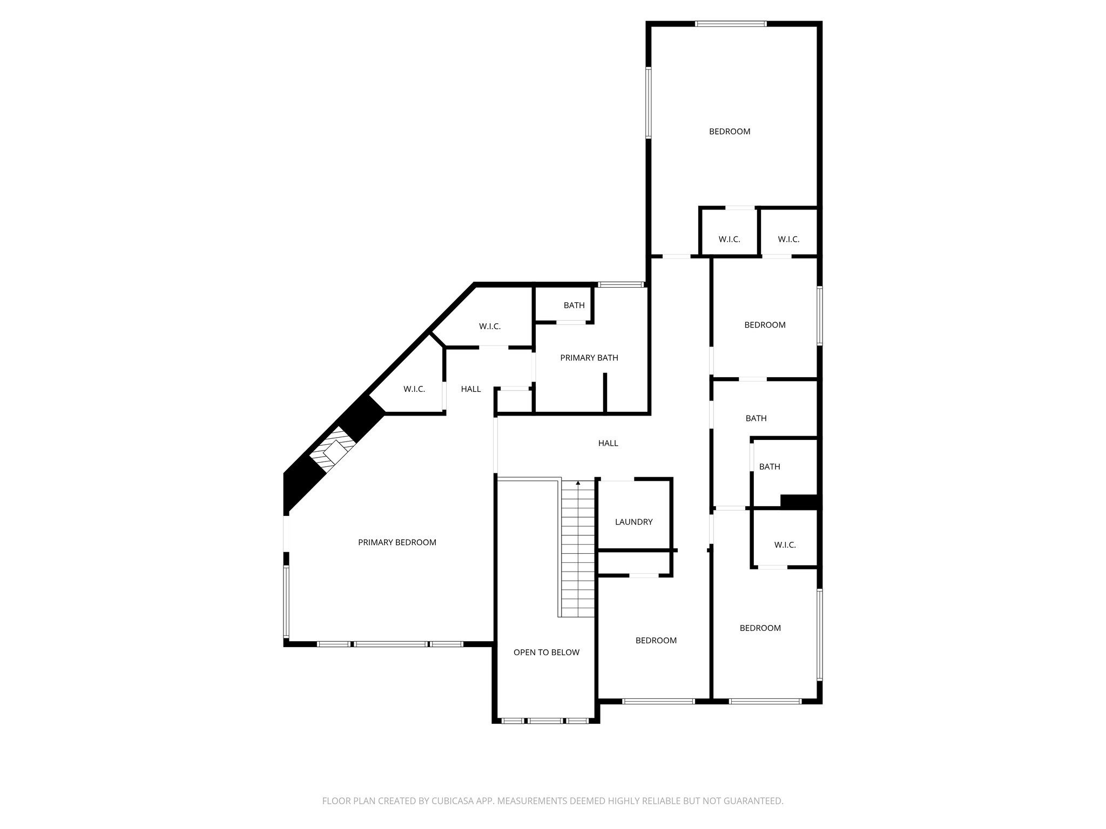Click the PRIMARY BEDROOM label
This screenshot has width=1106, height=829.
coord(397,542)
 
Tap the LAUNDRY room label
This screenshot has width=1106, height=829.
coord(633,522)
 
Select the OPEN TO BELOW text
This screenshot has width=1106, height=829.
coord(546,653)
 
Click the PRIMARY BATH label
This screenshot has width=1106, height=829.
coord(589,358)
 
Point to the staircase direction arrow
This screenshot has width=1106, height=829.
coord(578,483)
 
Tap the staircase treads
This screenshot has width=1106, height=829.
coord(578,551)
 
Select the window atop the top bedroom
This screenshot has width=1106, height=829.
coord(730,24)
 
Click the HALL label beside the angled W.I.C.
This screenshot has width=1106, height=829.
coord(470,389)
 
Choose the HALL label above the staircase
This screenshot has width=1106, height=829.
coord(608,443)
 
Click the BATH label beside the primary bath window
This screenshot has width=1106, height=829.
coord(574,305)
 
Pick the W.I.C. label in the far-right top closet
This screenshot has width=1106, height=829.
coord(788,240)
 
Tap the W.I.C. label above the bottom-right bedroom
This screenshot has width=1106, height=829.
coord(785,545)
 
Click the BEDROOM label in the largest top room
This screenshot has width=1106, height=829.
coord(729,132)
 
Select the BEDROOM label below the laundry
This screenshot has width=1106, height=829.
coord(656,641)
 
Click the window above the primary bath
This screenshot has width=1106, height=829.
coord(621,284)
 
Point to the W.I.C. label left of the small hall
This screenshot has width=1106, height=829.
coord(414,389)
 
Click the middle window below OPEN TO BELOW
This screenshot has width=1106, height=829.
coord(545,721)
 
